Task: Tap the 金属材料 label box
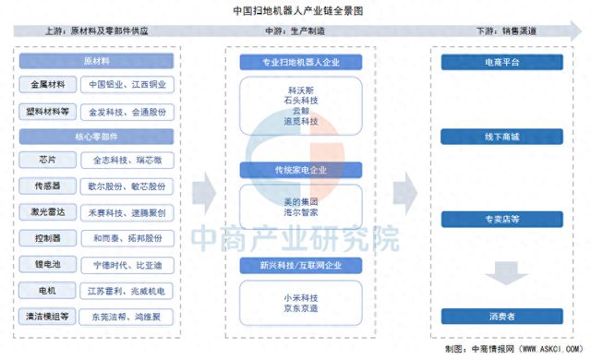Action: (x=43, y=85)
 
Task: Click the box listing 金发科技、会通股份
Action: (x=128, y=110)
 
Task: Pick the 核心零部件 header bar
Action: (x=96, y=136)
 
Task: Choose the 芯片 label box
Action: (x=43, y=161)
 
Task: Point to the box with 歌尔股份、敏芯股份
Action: (x=128, y=186)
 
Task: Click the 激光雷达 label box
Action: (x=43, y=212)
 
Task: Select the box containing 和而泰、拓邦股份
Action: (x=128, y=238)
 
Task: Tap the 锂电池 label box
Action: (x=43, y=264)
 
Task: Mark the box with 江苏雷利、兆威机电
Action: (x=128, y=291)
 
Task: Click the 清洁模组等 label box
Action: (x=43, y=317)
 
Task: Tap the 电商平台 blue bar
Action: (x=497, y=63)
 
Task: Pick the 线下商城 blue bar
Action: (x=497, y=137)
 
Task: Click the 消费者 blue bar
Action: (x=497, y=317)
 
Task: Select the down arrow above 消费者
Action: (x=497, y=273)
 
